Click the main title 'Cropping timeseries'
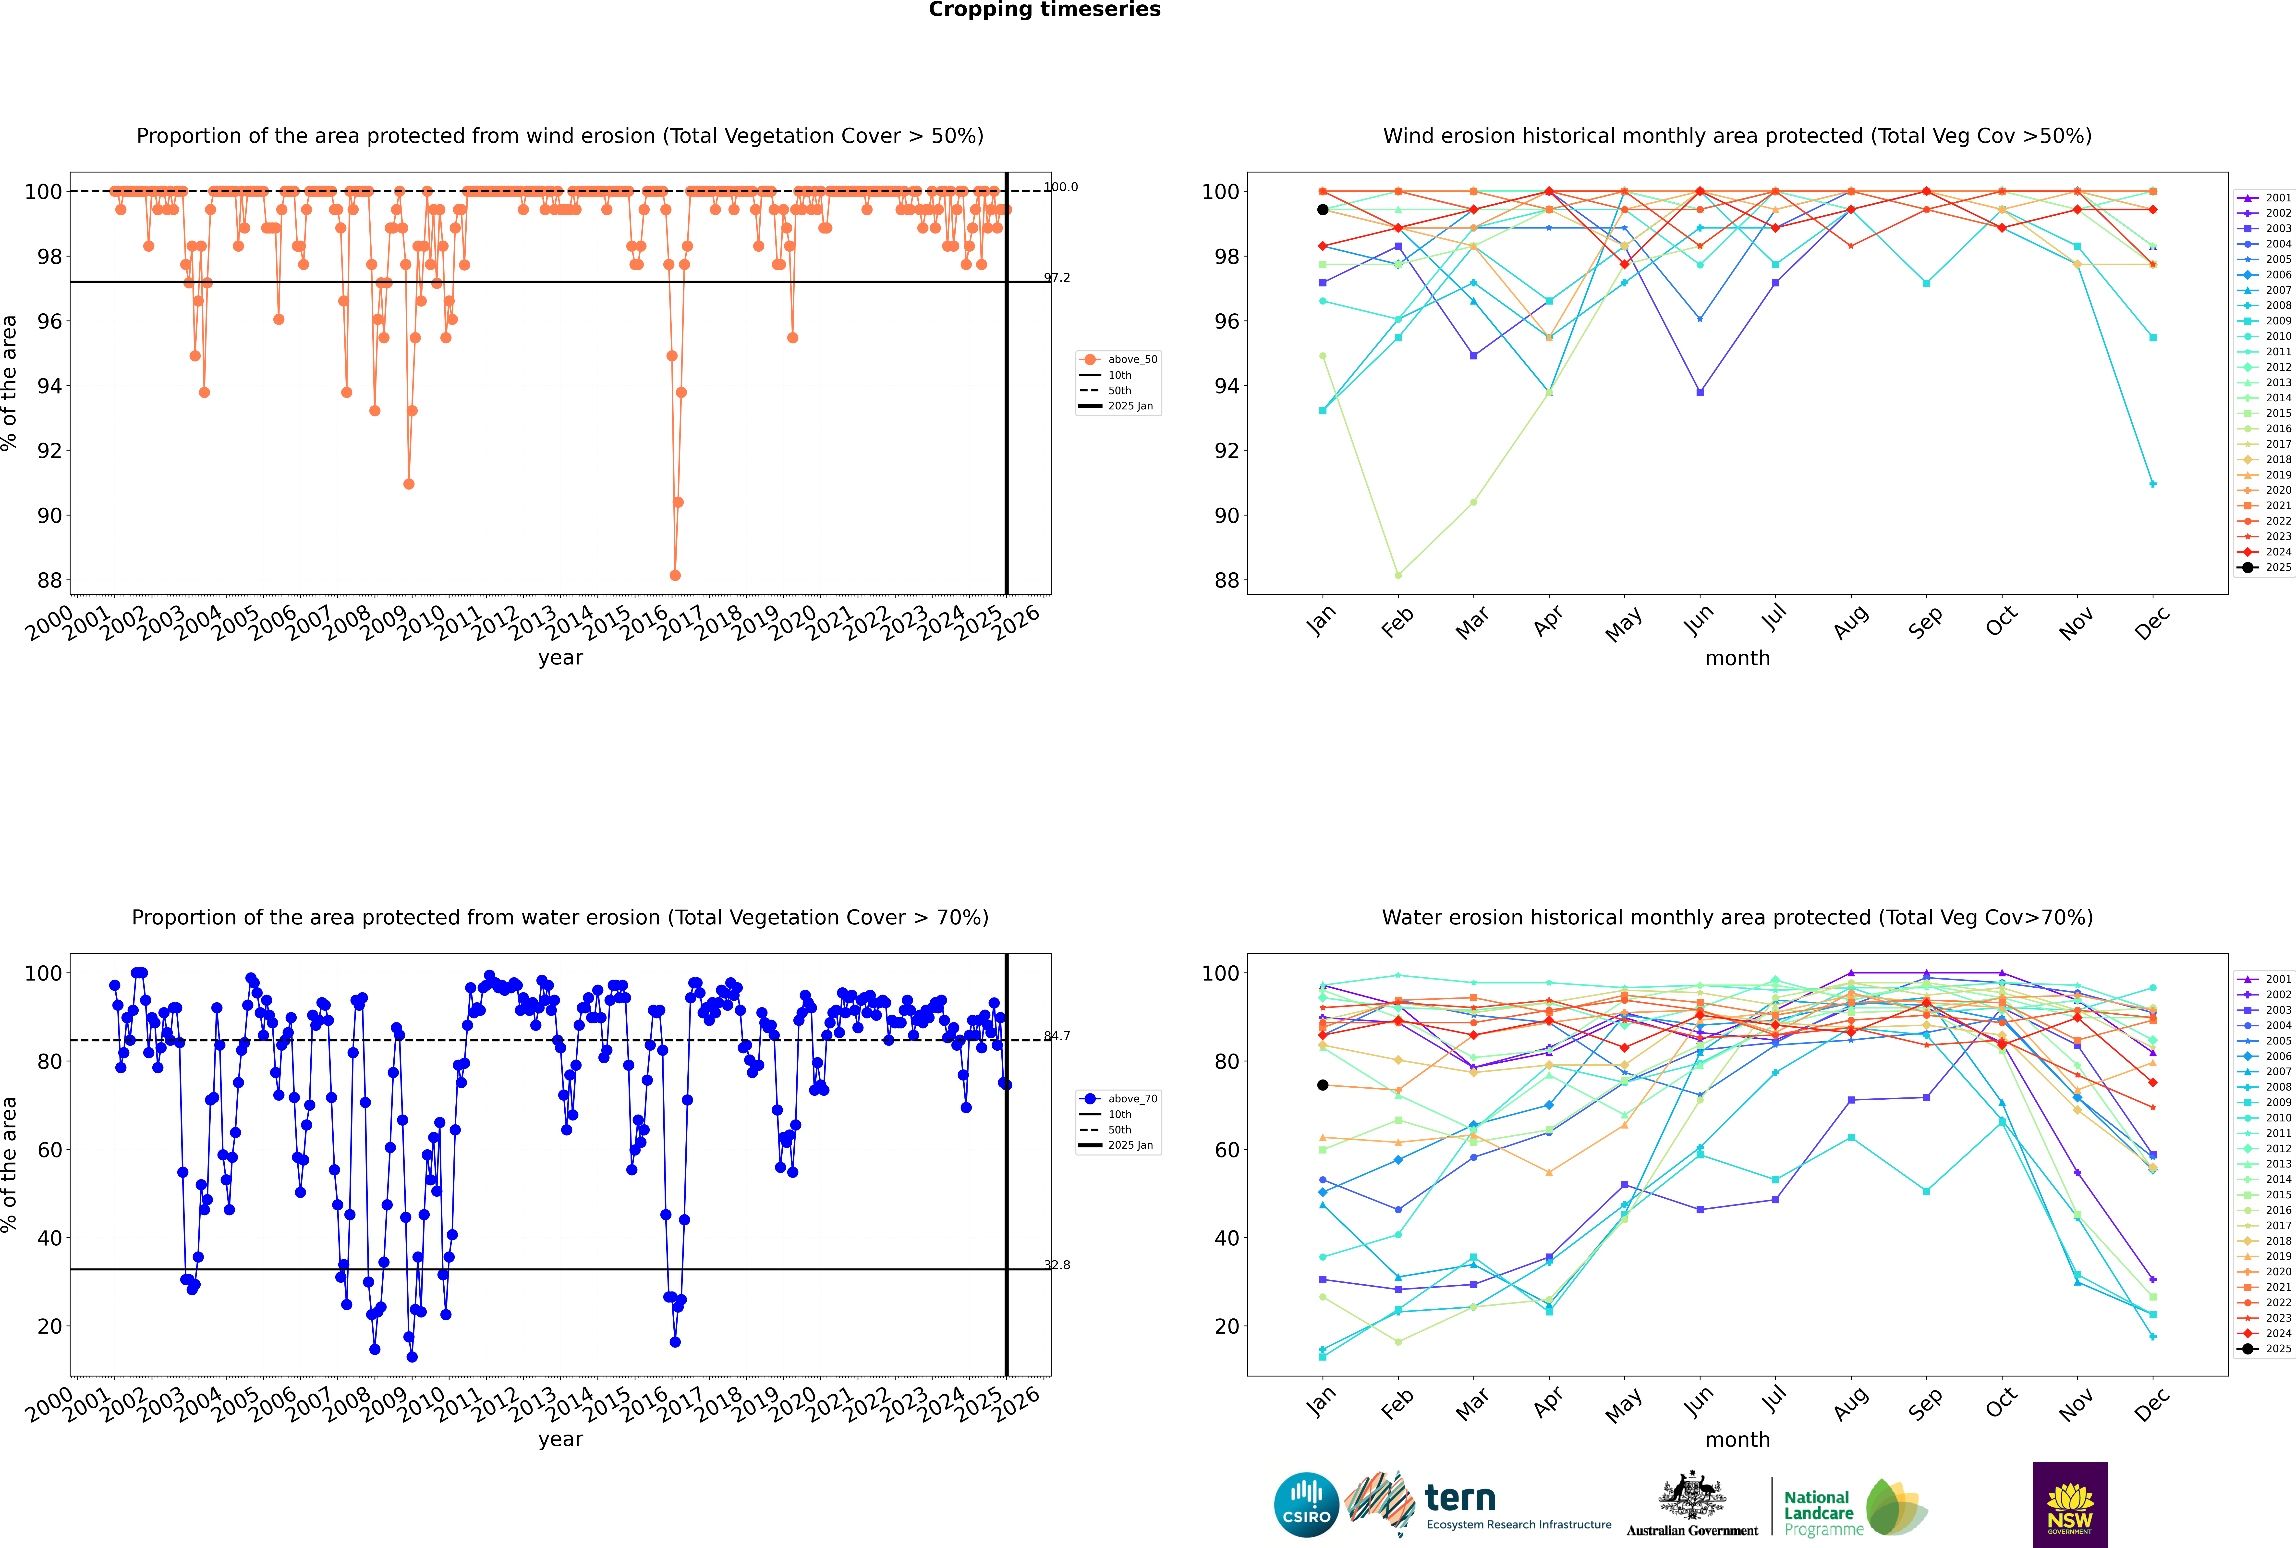point(1044,10)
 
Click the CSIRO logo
point(1306,1505)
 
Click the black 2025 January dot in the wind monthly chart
point(1323,209)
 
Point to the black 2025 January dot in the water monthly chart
point(1323,1085)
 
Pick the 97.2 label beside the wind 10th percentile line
point(1057,277)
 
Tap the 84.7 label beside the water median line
point(1057,1036)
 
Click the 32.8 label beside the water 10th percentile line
point(1057,1265)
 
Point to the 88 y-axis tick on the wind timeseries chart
point(49,580)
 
